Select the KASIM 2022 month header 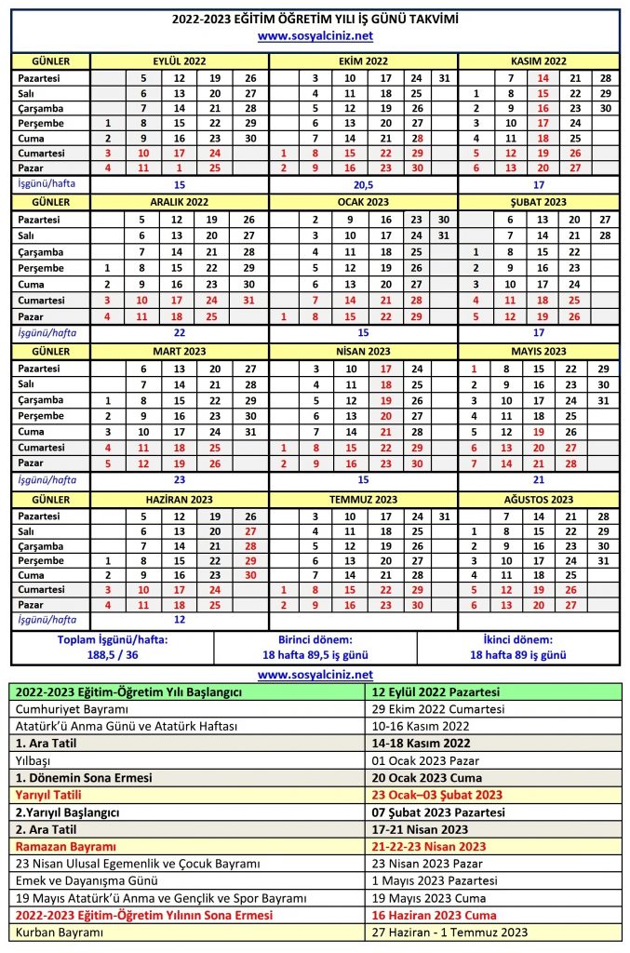coord(540,60)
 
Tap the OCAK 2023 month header coord(363,201)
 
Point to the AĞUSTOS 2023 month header coord(540,500)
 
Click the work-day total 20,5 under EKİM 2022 coord(363,184)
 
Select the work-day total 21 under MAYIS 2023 coord(540,480)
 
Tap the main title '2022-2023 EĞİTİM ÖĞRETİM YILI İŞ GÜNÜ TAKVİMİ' coord(315,20)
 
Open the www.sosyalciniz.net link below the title coord(315,36)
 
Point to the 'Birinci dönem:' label coord(315,640)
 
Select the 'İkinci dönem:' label coord(518,640)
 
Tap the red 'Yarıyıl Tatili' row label coord(48,795)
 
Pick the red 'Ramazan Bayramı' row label coord(63,846)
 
